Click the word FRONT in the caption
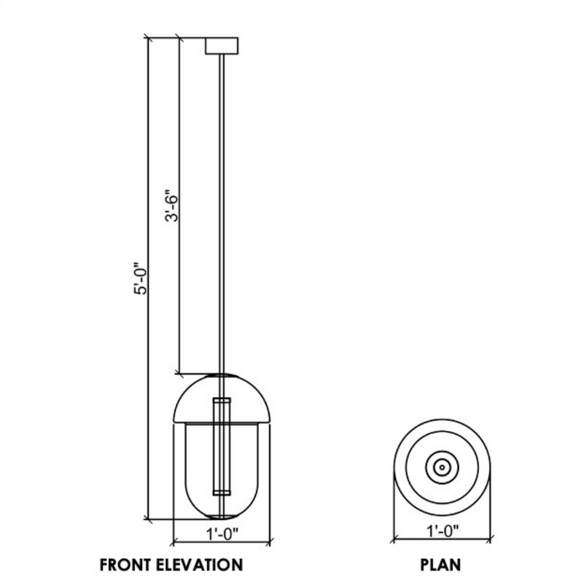(128, 565)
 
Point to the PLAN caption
(441, 565)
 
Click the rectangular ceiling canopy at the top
(221, 46)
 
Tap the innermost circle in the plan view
(442, 467)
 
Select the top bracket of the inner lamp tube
(221, 399)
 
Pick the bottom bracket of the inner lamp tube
(221, 492)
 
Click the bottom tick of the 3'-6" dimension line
(179, 374)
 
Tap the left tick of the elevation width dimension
(172, 541)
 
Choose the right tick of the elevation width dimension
(270, 541)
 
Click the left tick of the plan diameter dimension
(393, 540)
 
